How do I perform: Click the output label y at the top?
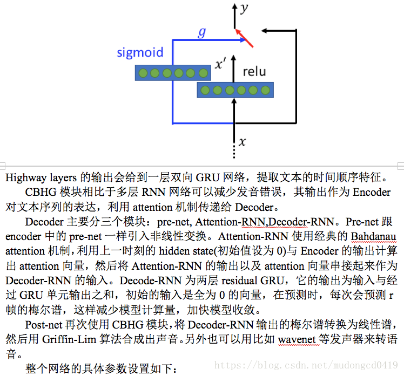245,8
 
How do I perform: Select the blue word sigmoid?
140,53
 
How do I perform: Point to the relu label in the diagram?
254,71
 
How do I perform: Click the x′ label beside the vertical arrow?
220,65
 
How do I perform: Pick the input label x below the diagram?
242,142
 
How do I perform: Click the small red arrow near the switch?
245,38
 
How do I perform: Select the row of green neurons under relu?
235,90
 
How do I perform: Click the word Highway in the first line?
25,177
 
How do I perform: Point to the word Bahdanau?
374,236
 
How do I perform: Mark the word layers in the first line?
63,177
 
